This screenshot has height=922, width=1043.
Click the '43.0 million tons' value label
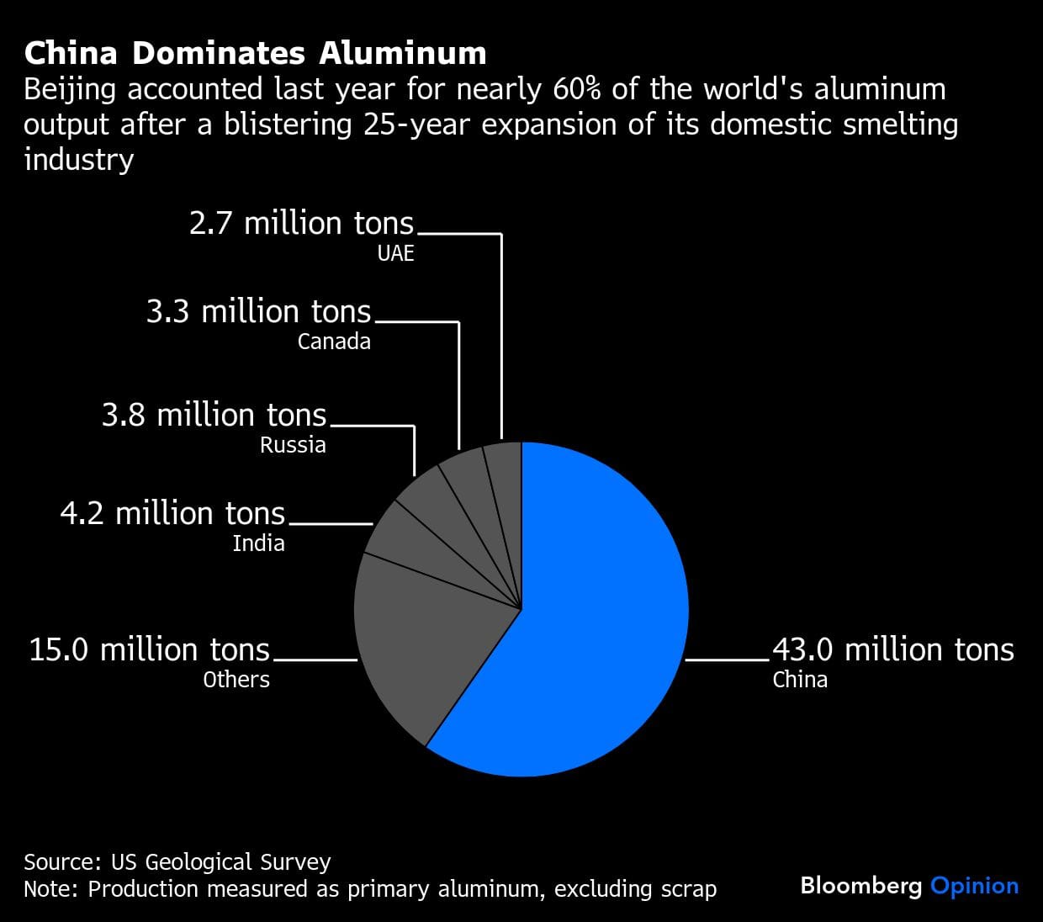pos(892,649)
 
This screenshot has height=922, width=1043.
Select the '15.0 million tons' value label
pos(150,649)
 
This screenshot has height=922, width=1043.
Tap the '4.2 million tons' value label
pos(172,513)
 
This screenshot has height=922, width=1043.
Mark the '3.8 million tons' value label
pos(214,415)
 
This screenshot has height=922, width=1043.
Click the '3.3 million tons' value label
pos(258,311)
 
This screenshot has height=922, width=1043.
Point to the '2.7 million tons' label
pos(301,223)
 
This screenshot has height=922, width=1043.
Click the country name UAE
pos(395,253)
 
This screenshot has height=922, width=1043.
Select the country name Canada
pos(334,342)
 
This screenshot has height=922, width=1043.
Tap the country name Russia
pos(293,444)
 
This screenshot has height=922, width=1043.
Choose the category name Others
pos(236,680)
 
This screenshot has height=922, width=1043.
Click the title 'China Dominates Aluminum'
pos(255,53)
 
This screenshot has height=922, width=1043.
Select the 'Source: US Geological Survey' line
pos(177,862)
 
